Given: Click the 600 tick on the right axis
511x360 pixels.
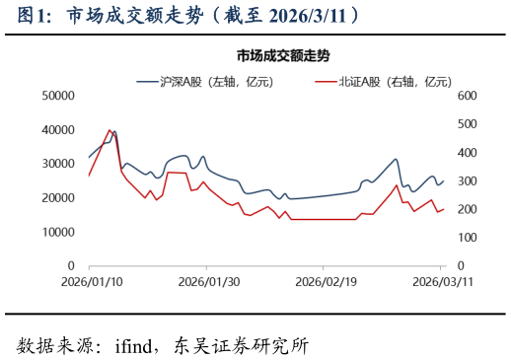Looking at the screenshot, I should click(x=466, y=96).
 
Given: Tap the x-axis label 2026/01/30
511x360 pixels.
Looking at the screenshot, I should click(x=206, y=282).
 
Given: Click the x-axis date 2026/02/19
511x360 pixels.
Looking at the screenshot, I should click(x=324, y=282).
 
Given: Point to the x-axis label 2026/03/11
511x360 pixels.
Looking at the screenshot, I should click(x=440, y=282).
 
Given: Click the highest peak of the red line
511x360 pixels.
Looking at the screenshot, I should click(x=109, y=130).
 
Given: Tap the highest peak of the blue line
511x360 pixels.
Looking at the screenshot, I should click(x=114, y=131).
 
